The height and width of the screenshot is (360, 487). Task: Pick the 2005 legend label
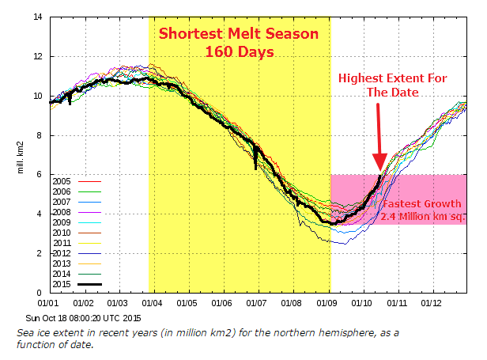click(x=63, y=181)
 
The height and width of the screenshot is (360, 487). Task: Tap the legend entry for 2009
click(x=63, y=222)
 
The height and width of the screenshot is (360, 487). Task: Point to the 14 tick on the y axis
click(x=37, y=17)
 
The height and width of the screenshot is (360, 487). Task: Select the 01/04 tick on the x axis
click(x=152, y=302)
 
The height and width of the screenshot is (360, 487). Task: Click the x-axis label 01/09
click(x=327, y=302)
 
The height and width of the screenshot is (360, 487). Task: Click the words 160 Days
click(x=239, y=53)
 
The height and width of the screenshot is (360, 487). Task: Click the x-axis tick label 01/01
click(x=49, y=302)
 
